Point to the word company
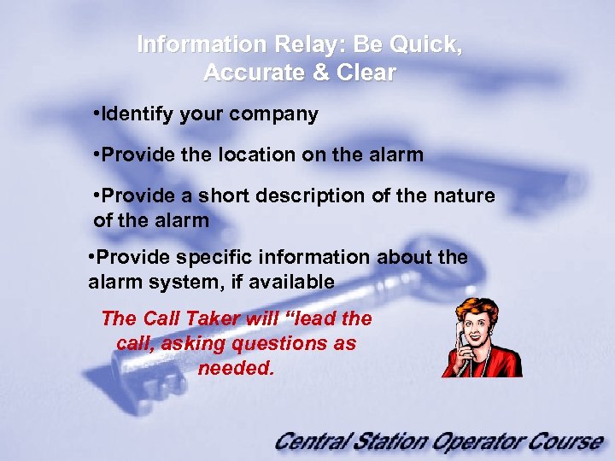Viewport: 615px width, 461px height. [278, 114]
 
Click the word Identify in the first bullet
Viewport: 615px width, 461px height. [137, 114]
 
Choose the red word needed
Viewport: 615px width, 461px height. [236, 368]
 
